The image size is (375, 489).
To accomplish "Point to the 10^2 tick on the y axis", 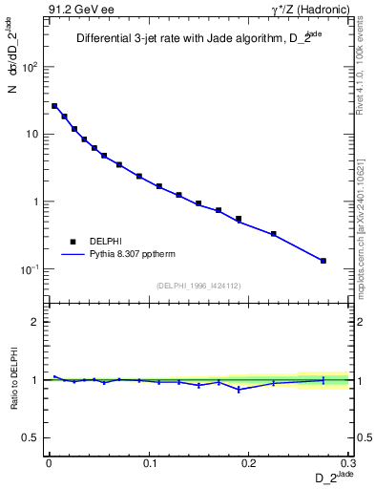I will [31, 67].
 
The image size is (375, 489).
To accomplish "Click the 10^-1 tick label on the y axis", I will [29, 269].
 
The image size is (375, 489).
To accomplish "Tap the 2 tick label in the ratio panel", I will [37, 322].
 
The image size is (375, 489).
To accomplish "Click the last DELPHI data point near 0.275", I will [323, 261].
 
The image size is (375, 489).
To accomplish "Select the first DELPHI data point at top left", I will [54, 106].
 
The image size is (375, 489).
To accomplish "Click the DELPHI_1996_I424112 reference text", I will [198, 286].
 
